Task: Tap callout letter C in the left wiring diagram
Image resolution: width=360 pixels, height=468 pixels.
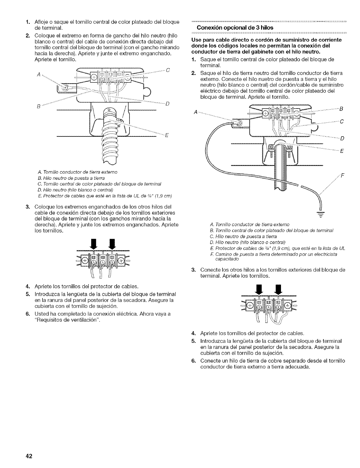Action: pos(168,70)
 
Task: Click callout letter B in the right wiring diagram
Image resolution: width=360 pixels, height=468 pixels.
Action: pos(342,109)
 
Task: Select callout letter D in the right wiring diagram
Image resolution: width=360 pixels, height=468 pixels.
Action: pos(342,138)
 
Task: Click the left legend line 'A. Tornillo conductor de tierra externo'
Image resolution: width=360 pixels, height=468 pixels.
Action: pos(78,172)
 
